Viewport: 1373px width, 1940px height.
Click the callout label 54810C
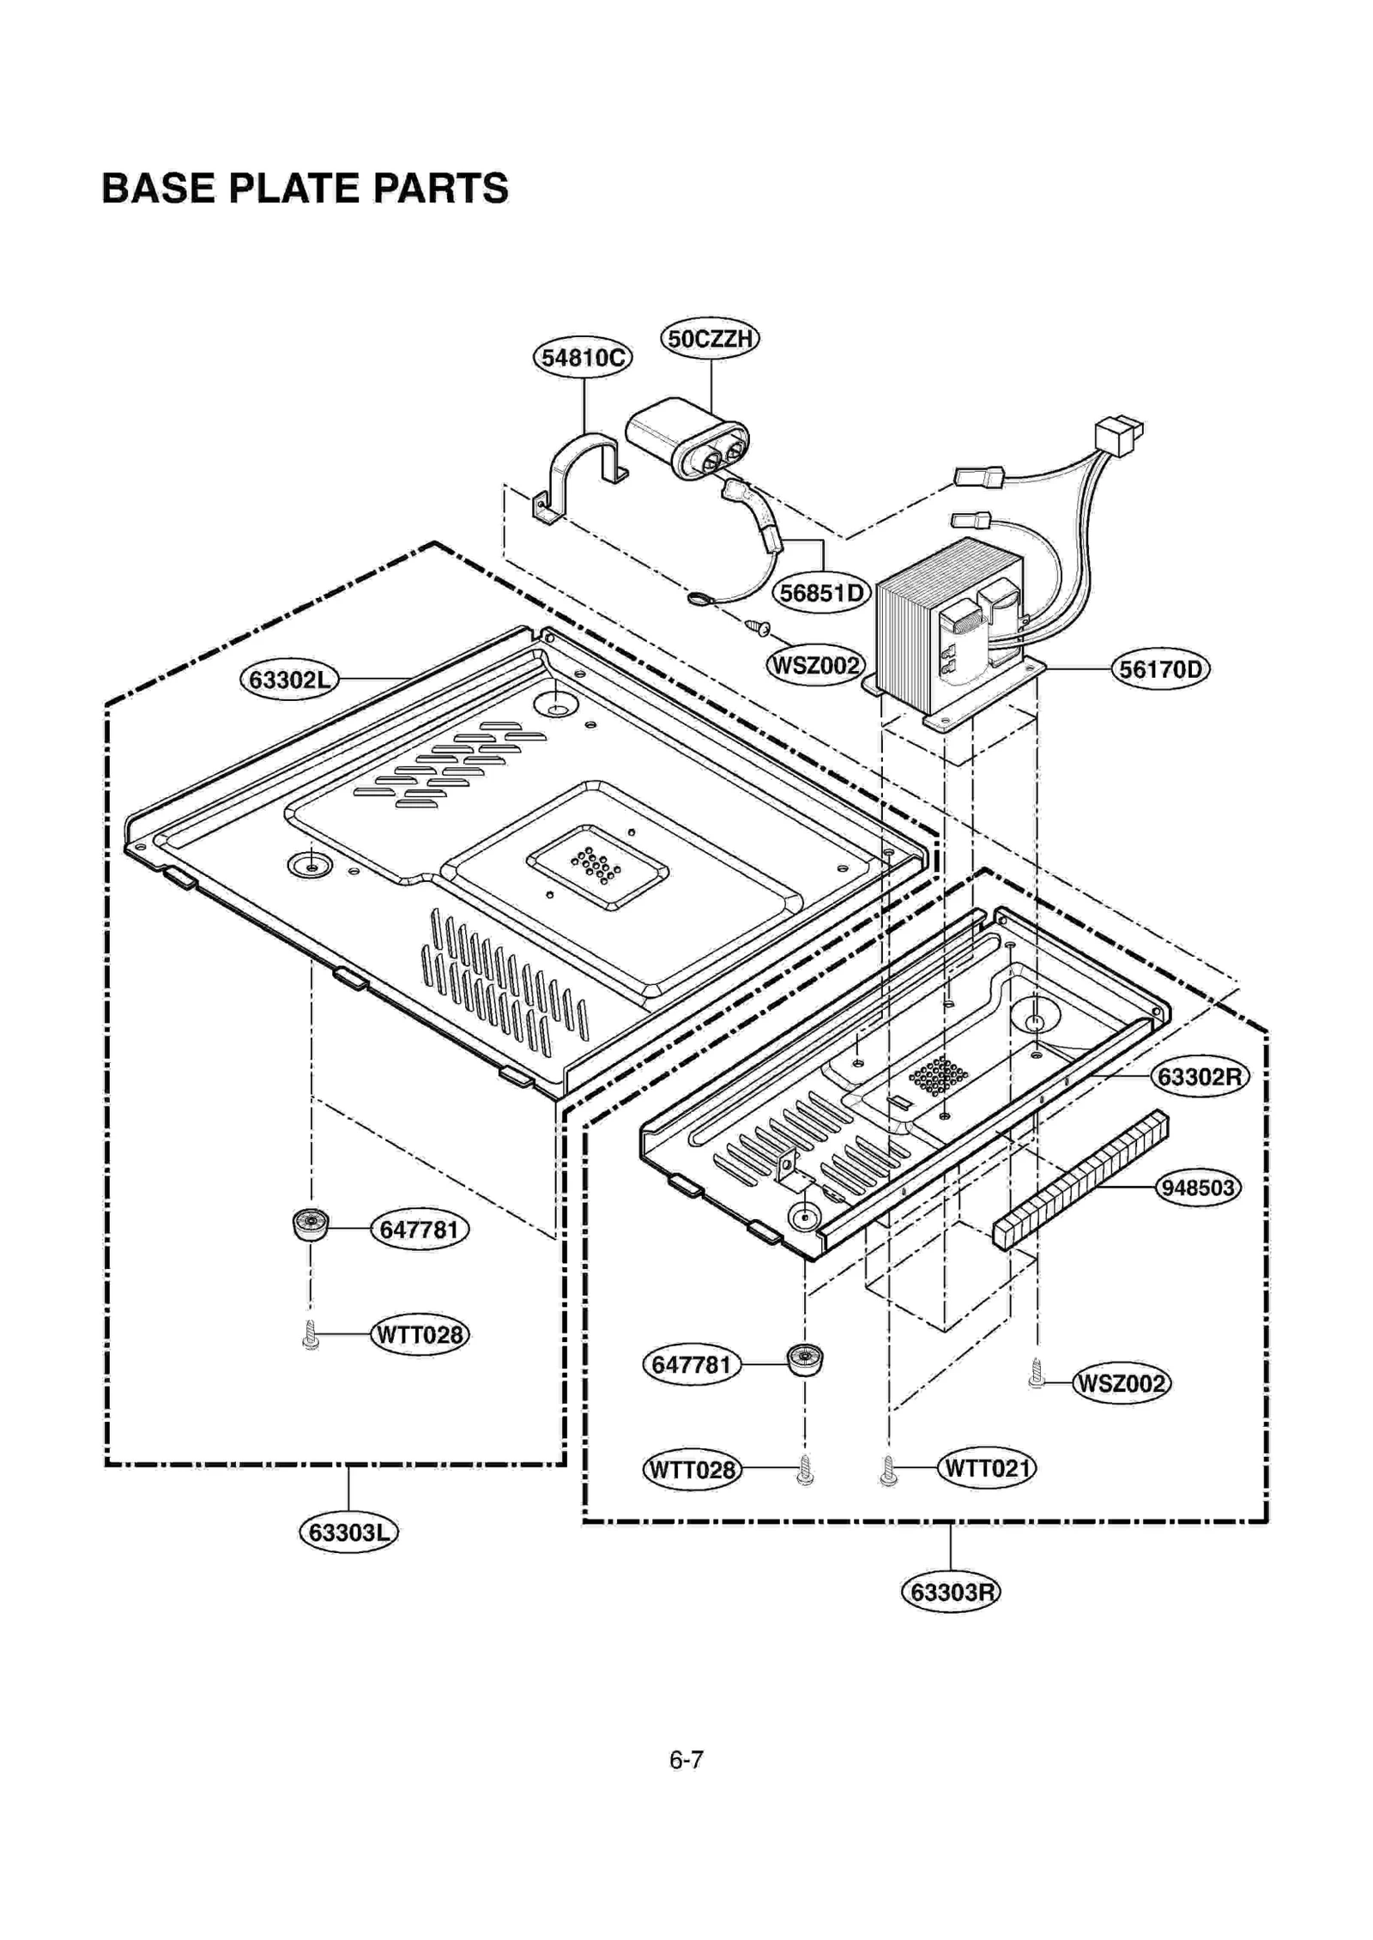(x=582, y=357)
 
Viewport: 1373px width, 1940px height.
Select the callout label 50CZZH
(x=710, y=338)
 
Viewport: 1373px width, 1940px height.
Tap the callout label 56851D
(x=821, y=593)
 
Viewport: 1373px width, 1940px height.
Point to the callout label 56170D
(x=1159, y=668)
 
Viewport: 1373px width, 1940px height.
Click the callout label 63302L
(x=289, y=680)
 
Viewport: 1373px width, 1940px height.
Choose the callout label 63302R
(x=1199, y=1077)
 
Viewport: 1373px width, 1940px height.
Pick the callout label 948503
(x=1197, y=1188)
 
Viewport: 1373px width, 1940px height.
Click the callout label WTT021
(x=986, y=1468)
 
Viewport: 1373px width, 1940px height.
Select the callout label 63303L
(x=348, y=1532)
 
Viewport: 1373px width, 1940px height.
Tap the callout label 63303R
(x=950, y=1592)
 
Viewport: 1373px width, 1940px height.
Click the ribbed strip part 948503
(x=1080, y=1179)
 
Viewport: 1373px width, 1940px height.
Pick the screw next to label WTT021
(x=888, y=1473)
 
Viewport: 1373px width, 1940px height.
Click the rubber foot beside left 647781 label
(x=311, y=1225)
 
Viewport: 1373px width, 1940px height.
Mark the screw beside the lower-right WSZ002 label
(x=1037, y=1374)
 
